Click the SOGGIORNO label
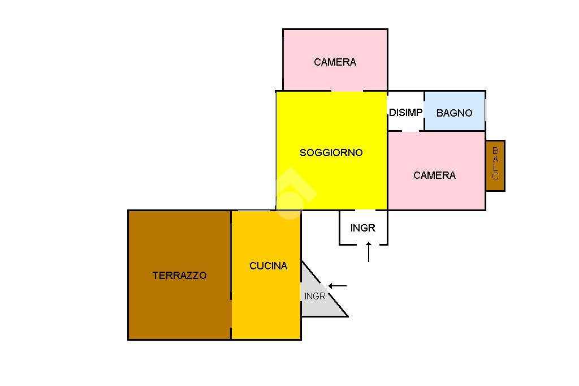[x=331, y=153]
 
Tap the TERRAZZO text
[x=180, y=276]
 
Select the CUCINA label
[x=268, y=266]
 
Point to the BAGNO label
[x=454, y=113]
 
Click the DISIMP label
[x=405, y=113]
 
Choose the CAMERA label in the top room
[x=335, y=62]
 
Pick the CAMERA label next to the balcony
[x=434, y=175]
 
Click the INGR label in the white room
[x=362, y=228]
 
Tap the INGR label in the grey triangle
[x=314, y=296]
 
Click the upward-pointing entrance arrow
[x=369, y=251]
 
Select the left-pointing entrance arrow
[x=338, y=286]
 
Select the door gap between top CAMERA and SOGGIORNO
[x=347, y=91]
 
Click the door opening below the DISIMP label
[x=410, y=131]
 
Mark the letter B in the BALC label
[x=495, y=151]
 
